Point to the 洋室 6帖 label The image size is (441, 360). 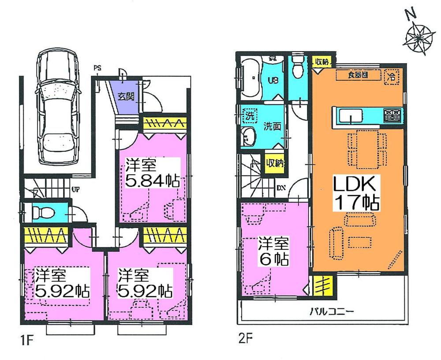[273, 251]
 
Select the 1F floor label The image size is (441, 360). [26, 341]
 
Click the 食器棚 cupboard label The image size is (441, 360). [357, 75]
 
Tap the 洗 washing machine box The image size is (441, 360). [250, 118]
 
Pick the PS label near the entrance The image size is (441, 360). [97, 68]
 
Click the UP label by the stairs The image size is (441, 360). [75, 190]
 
